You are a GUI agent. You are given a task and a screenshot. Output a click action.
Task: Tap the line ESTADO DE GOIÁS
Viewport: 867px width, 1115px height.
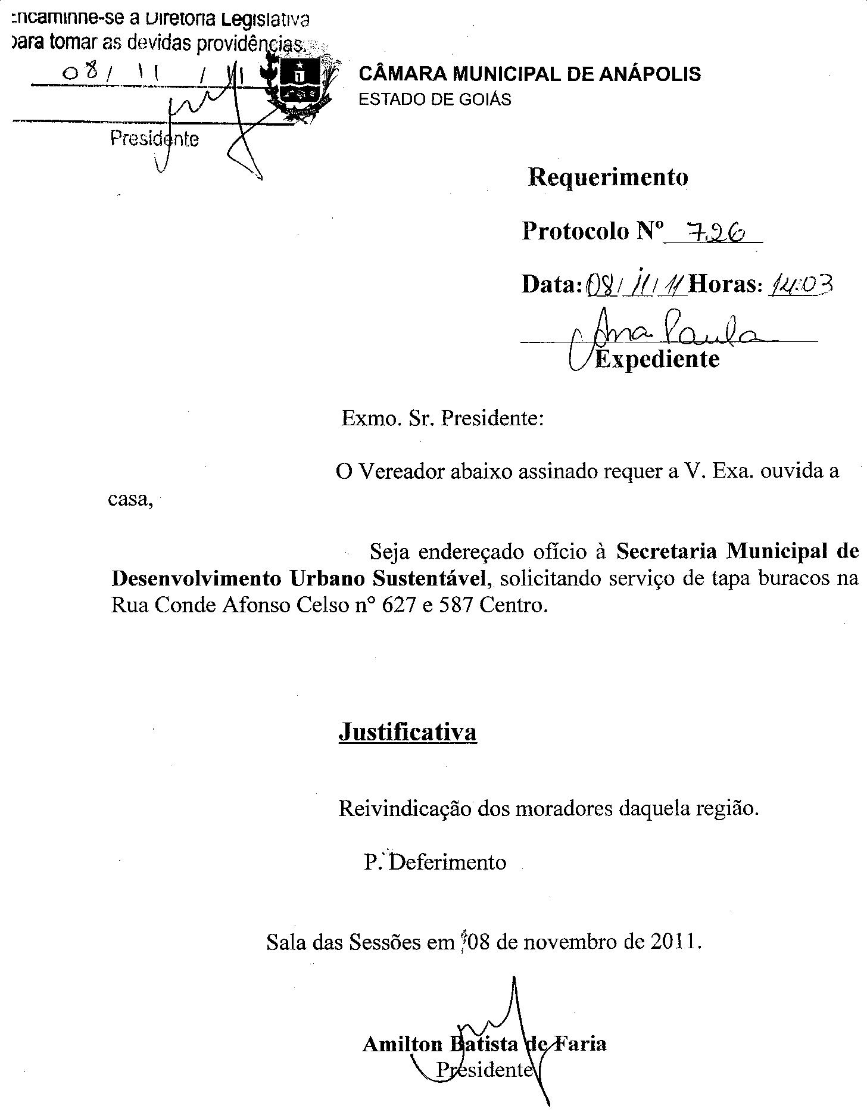[434, 99]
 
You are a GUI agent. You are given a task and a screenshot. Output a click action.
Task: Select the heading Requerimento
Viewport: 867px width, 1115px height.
[607, 177]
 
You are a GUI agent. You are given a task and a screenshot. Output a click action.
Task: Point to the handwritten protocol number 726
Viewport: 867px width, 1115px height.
[713, 231]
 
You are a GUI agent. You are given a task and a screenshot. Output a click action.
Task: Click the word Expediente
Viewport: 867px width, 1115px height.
[657, 359]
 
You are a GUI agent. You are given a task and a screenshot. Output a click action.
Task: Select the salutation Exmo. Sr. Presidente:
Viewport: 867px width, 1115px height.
[442, 418]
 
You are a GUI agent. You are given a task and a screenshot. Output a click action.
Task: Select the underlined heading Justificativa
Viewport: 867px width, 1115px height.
[407, 731]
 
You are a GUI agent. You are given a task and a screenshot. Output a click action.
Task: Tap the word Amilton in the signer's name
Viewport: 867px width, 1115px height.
[403, 1044]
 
